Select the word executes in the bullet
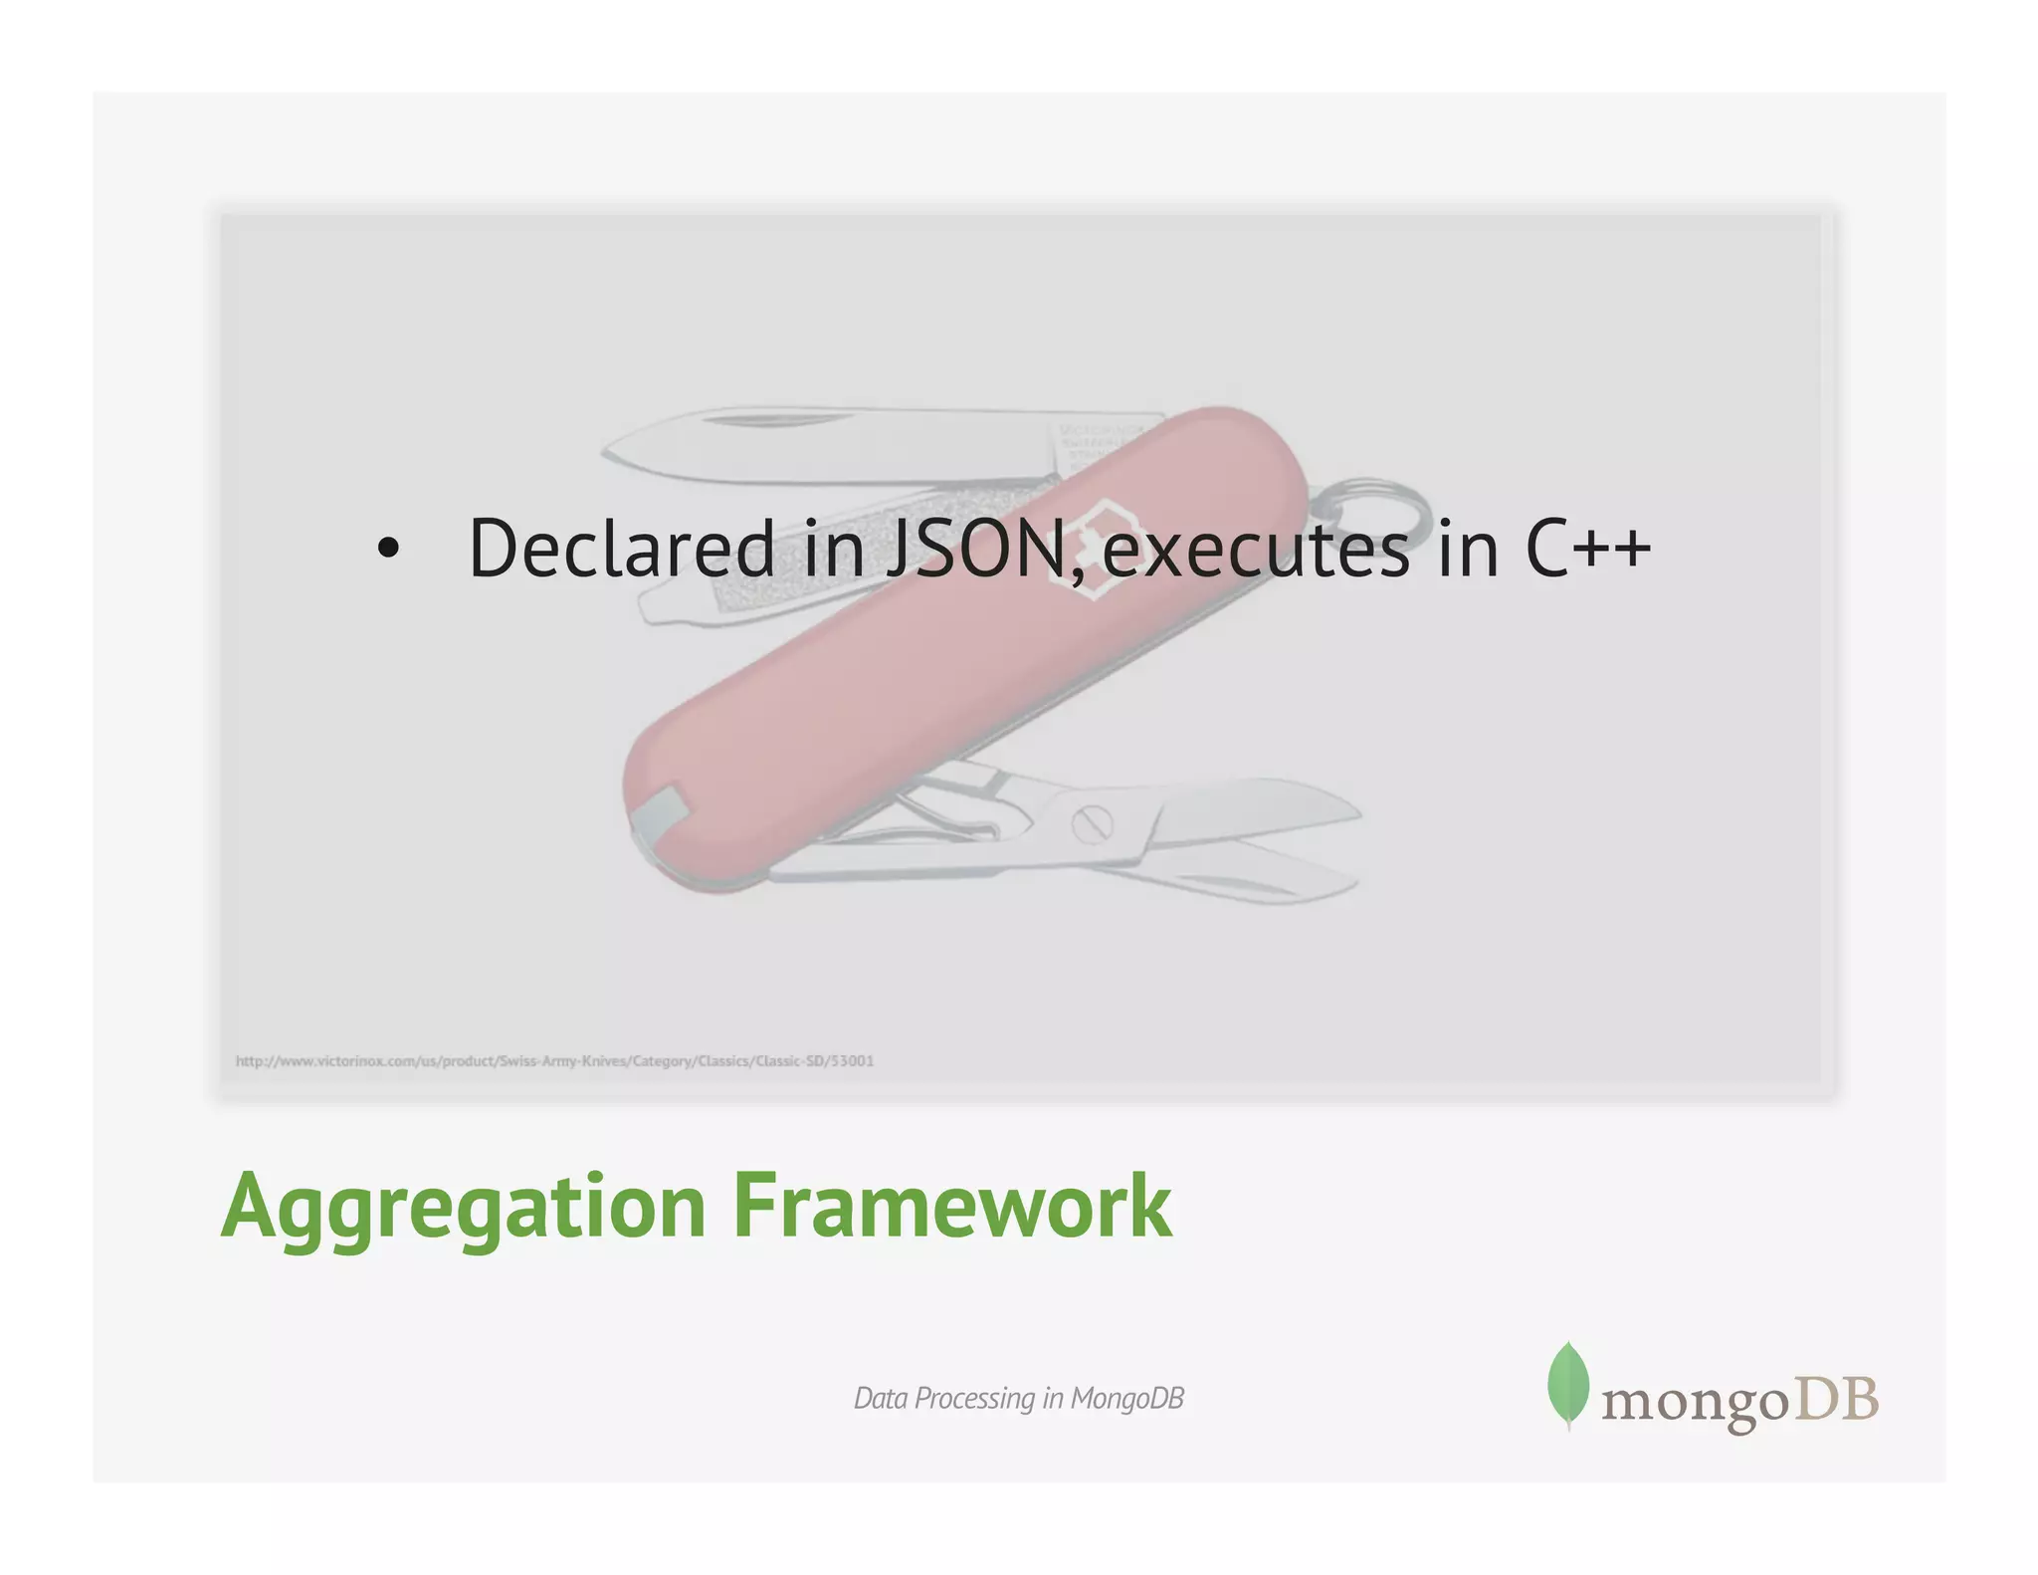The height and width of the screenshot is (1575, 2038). [x=1256, y=550]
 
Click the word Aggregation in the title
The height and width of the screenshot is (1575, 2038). [x=463, y=1207]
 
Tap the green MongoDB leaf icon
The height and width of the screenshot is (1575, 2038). [x=1567, y=1384]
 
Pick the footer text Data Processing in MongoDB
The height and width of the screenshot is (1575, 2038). [x=1018, y=1398]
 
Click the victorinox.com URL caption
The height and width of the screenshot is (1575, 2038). [x=554, y=1060]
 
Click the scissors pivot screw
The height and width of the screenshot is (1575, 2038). [x=1092, y=823]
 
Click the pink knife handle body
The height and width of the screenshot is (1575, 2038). [x=896, y=697]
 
